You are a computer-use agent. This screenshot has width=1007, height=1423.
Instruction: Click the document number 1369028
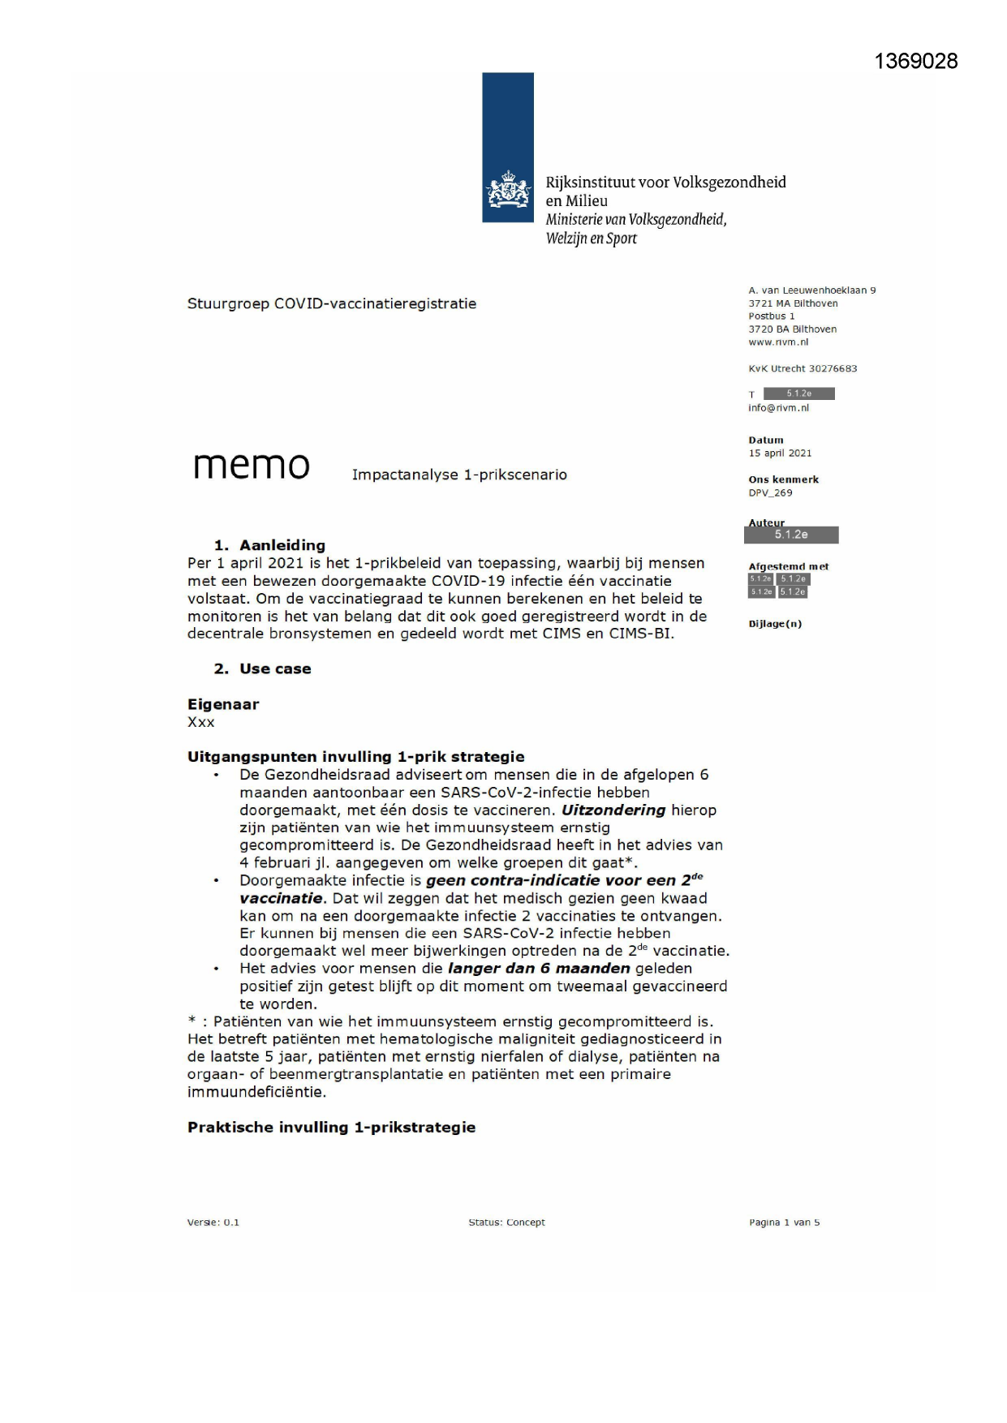915,62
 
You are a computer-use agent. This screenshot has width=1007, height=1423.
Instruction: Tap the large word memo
252,466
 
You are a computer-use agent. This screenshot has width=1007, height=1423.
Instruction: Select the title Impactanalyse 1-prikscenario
459,475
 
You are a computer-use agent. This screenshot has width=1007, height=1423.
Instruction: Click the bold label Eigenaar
223,704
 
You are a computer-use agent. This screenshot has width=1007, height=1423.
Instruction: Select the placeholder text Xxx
201,722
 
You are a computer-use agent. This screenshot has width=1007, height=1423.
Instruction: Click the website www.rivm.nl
778,342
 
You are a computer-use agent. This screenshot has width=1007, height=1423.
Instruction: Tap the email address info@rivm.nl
778,408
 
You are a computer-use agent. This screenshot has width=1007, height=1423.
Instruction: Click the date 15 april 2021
780,454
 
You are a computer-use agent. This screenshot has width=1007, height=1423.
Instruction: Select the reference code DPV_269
770,492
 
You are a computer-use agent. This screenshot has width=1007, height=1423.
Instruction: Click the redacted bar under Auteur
791,535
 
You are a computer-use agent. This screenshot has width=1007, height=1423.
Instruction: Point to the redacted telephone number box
798,393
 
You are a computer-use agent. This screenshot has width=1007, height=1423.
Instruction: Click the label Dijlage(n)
775,624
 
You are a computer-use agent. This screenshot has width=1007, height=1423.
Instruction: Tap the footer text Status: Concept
506,1222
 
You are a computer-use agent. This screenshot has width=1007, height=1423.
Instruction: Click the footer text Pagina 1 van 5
784,1222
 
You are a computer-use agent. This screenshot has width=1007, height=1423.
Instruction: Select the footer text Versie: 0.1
213,1222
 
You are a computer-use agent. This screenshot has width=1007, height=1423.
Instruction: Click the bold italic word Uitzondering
613,810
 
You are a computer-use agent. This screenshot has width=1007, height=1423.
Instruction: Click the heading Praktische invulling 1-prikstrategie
331,1127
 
